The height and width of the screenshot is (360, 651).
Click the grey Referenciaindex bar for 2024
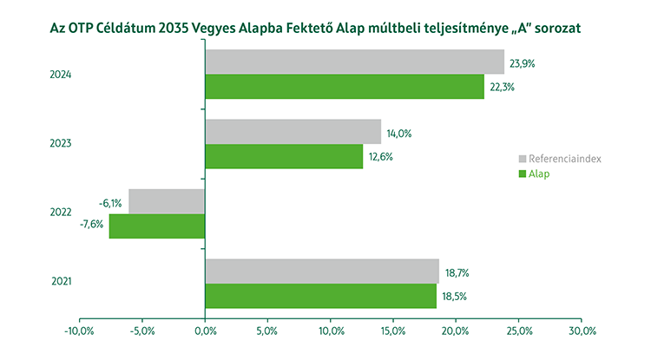pyautogui.click(x=354, y=62)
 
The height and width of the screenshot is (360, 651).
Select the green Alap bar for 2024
pyautogui.click(x=345, y=87)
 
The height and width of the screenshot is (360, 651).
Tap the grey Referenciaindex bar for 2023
pyautogui.click(x=293, y=132)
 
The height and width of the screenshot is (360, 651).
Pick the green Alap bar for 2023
pyautogui.click(x=284, y=156)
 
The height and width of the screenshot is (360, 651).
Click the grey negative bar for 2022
pyautogui.click(x=167, y=201)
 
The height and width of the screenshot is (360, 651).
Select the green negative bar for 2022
pyautogui.click(x=157, y=226)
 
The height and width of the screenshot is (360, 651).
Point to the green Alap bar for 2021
pyautogui.click(x=320, y=296)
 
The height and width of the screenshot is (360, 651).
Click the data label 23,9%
pyautogui.click(x=523, y=63)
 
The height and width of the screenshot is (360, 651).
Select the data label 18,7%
pyautogui.click(x=457, y=272)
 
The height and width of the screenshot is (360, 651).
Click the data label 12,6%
pyautogui.click(x=381, y=157)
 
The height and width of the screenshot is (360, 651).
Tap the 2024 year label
pyautogui.click(x=60, y=75)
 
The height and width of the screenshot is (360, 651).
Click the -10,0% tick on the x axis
pyautogui.click(x=79, y=331)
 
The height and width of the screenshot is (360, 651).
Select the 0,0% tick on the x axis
pyautogui.click(x=205, y=331)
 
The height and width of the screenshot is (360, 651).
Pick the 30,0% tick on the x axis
pyautogui.click(x=582, y=331)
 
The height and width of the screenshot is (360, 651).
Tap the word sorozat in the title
pyautogui.click(x=553, y=28)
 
